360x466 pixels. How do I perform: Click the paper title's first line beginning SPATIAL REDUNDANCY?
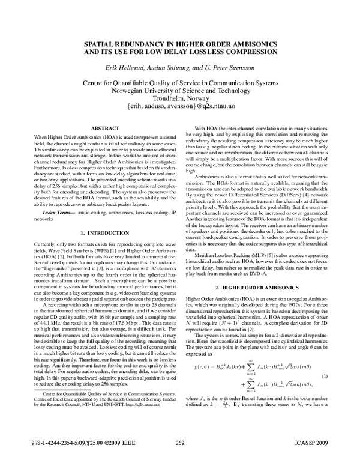point(180,44)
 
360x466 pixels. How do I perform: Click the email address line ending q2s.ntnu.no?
point(180,106)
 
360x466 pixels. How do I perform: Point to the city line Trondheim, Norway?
point(180,98)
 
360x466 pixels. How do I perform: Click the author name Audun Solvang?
point(169,66)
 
